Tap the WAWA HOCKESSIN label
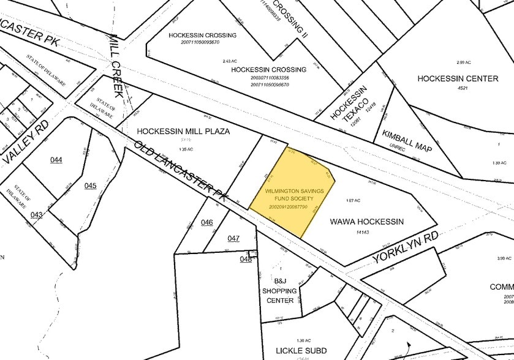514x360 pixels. pos(366,222)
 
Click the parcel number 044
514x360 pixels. pos(56,160)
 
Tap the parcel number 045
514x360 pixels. pos(91,186)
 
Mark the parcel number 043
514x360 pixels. pos(36,214)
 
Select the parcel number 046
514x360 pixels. pos(206,222)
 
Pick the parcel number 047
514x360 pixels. pos(233,238)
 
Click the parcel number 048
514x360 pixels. pos(246,259)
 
